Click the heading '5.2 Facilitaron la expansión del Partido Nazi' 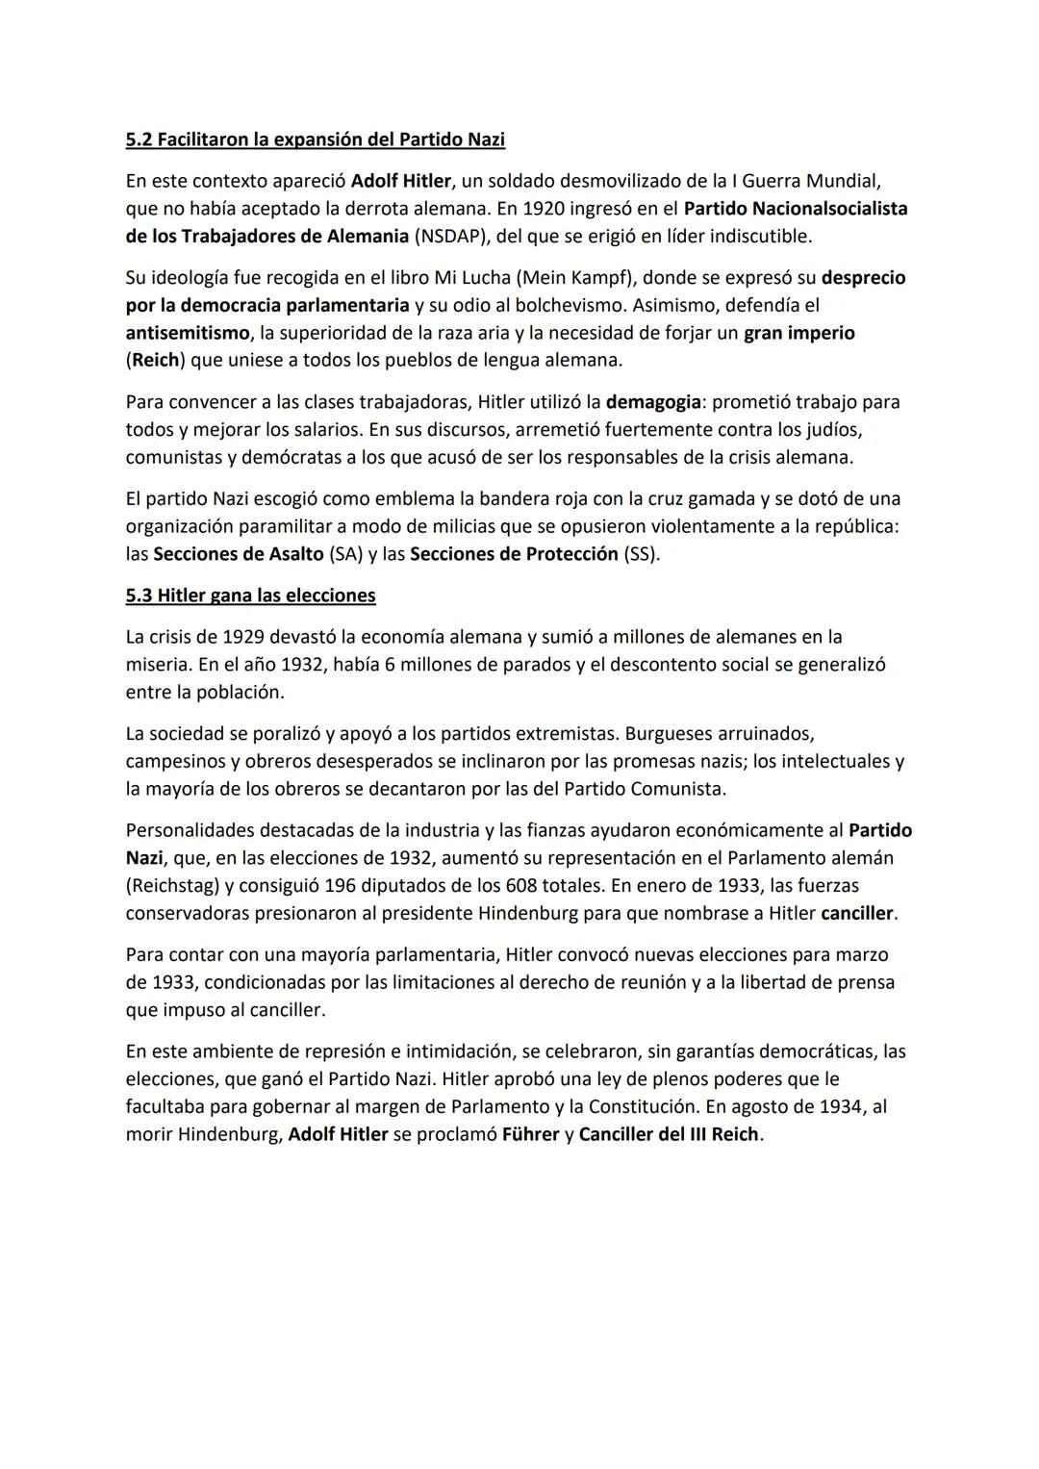[x=315, y=139]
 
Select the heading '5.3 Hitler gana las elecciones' [x=250, y=595]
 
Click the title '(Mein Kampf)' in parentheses [x=576, y=278]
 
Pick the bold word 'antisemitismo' [x=187, y=333]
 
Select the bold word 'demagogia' [x=652, y=401]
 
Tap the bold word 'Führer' [x=530, y=1134]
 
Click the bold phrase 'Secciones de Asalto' [x=238, y=554]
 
